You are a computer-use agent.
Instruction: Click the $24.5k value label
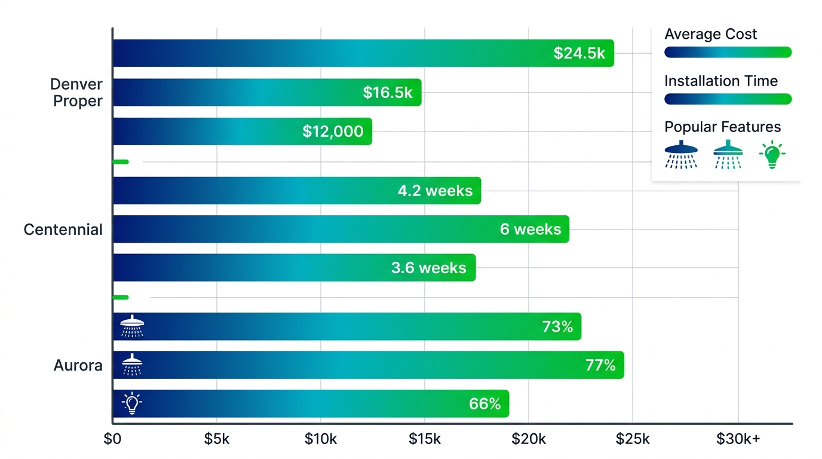(579, 53)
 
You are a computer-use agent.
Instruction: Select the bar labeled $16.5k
(267, 93)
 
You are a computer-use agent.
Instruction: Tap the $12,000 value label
(333, 131)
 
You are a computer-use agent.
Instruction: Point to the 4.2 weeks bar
(296, 191)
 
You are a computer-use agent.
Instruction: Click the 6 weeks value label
(530, 229)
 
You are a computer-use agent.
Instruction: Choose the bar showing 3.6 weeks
(294, 268)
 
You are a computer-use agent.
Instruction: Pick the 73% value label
(557, 327)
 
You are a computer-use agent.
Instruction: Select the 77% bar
(368, 365)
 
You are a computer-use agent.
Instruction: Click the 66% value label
(484, 404)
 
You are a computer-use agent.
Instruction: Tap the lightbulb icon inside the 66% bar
(132, 403)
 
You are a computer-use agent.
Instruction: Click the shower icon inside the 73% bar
(132, 327)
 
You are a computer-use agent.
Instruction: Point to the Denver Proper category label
(76, 93)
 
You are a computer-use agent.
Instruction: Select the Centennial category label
(63, 229)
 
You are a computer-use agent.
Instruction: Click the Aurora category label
(78, 365)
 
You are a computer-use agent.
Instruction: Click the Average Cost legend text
(710, 34)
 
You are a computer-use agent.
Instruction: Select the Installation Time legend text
(721, 81)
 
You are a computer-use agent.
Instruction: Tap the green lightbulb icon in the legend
(772, 154)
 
